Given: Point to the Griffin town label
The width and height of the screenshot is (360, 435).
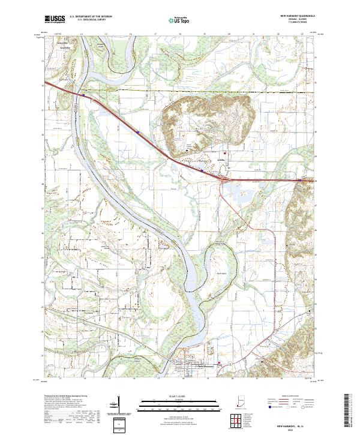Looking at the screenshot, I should click(x=220, y=160).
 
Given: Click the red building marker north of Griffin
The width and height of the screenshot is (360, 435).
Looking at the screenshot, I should click(x=227, y=151).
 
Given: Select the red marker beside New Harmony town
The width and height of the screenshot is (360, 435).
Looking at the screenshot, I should click(x=220, y=363).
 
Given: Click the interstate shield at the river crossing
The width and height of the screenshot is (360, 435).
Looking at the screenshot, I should click(x=83, y=94).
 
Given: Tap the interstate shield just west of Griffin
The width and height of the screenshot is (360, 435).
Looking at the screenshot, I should click(x=202, y=170).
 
